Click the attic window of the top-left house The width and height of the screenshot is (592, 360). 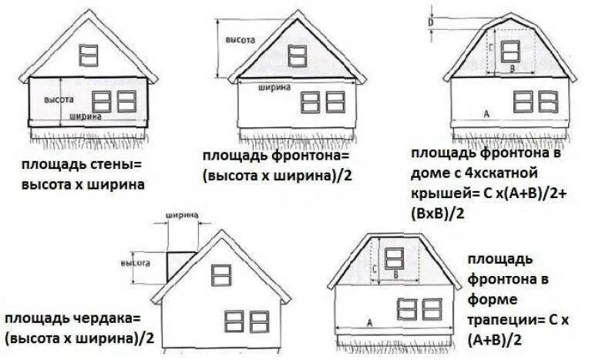pos(90,54)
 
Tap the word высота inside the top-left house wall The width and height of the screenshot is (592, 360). pos(59,100)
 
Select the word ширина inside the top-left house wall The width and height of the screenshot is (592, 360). pos(85,116)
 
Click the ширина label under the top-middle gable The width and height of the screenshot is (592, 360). pos(274,87)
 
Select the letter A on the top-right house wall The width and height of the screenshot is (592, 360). pos(486,114)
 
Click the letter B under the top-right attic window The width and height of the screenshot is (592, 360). pos(510,69)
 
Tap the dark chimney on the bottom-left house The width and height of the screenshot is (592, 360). pos(178,264)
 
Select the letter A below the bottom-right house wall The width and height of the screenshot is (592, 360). pos(369,323)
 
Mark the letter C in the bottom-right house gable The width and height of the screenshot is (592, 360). pos(374,269)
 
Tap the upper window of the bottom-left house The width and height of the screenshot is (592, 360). pos(221,272)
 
